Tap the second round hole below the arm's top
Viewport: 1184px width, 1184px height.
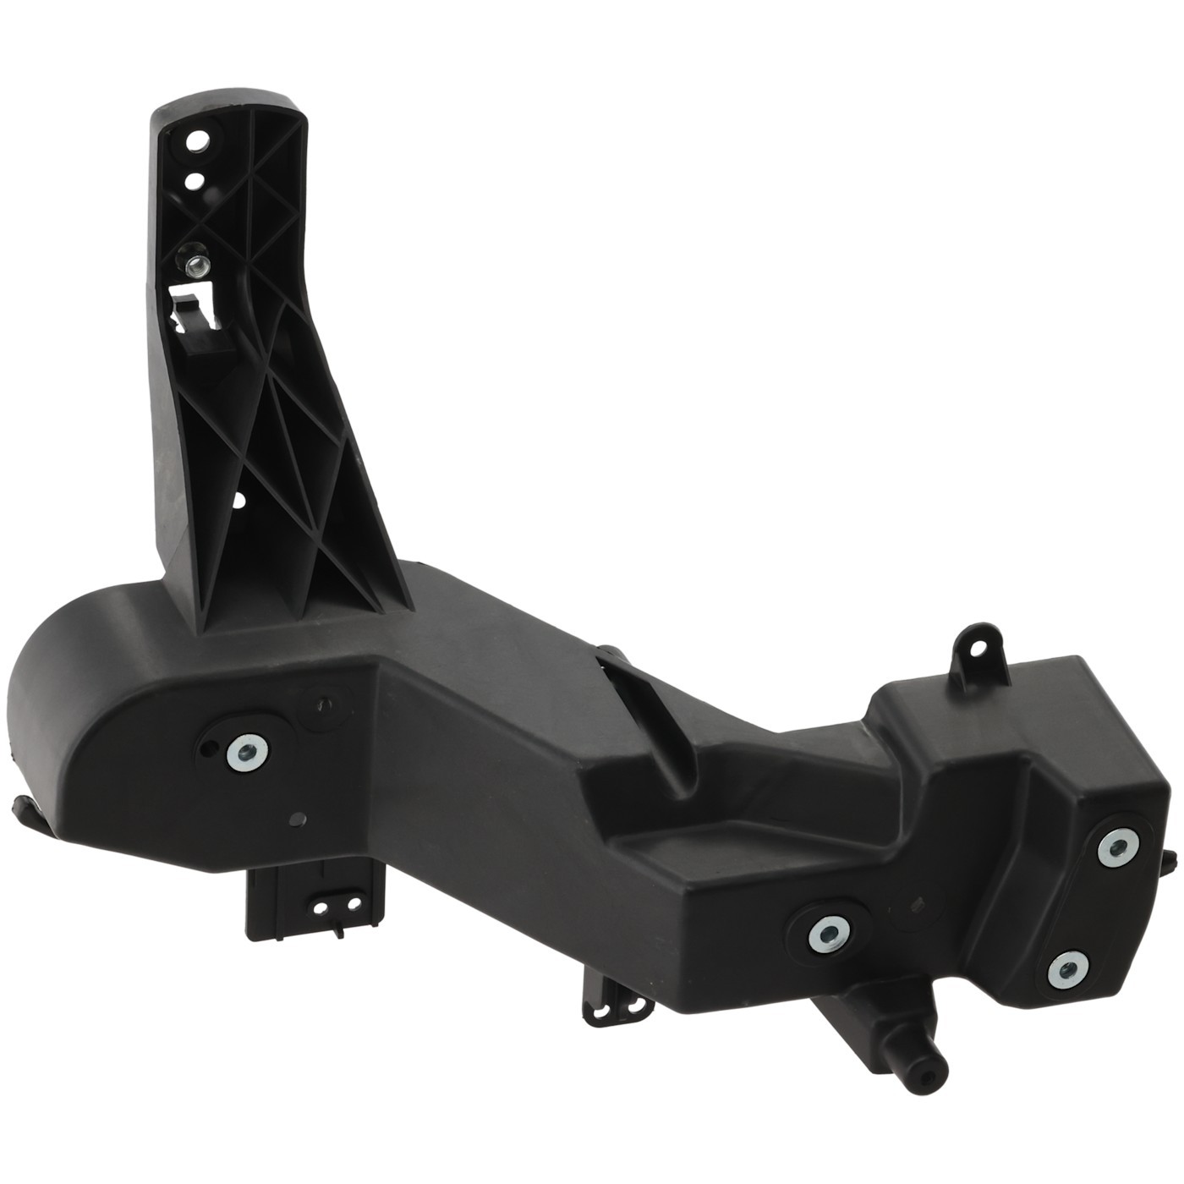point(194,179)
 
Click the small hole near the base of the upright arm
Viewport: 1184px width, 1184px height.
point(238,501)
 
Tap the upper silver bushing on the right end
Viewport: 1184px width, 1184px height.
point(1118,847)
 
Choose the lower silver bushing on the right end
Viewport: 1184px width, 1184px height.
point(1066,969)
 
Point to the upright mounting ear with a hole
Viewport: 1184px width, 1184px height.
point(979,649)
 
